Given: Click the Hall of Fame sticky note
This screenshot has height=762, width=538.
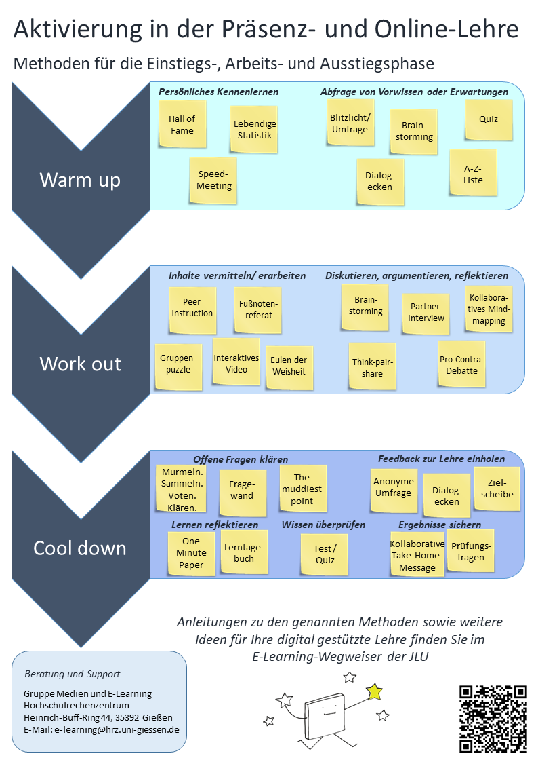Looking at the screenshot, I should point(182,125).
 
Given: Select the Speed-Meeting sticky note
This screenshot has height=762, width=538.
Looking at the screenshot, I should point(214,180).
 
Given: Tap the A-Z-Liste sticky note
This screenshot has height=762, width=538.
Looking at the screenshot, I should point(473,174).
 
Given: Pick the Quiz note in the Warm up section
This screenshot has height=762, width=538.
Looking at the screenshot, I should point(489,119).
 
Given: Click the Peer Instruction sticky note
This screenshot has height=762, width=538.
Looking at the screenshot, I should point(192,308).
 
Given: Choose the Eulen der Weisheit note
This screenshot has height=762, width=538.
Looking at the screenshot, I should point(289,366).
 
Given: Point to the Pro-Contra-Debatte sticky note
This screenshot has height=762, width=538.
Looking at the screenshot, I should point(462,365).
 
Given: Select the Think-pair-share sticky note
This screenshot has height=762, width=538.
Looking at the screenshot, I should point(372,367).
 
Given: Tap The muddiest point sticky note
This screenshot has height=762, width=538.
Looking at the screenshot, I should point(302,489).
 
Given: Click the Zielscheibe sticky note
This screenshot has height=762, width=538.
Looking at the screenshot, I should point(496,489).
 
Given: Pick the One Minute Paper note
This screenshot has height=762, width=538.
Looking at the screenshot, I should point(191,552).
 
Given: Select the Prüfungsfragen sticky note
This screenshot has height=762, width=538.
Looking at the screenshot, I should point(470,551).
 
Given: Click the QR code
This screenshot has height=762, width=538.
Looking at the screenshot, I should point(493,719).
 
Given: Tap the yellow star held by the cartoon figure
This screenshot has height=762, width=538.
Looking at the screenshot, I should point(374,691).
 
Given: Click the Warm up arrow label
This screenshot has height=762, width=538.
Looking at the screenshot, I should point(80,180).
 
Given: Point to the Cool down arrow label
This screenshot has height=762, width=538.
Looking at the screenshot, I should point(80,548).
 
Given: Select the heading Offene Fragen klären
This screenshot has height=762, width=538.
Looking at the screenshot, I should point(241,459).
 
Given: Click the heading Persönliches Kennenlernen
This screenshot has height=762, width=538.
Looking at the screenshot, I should point(218,92).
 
